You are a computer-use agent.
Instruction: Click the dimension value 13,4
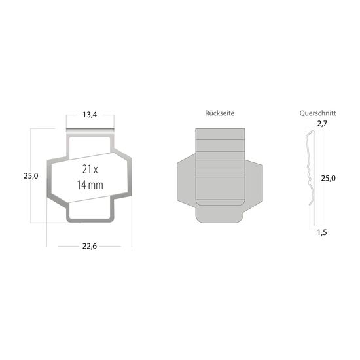tap(90, 115)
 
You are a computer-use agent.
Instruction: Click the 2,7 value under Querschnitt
tap(321, 123)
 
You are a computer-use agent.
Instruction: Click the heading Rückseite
tap(219, 113)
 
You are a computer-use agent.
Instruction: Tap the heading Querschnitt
tap(314, 113)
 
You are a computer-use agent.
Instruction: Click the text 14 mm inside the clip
tap(90, 185)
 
